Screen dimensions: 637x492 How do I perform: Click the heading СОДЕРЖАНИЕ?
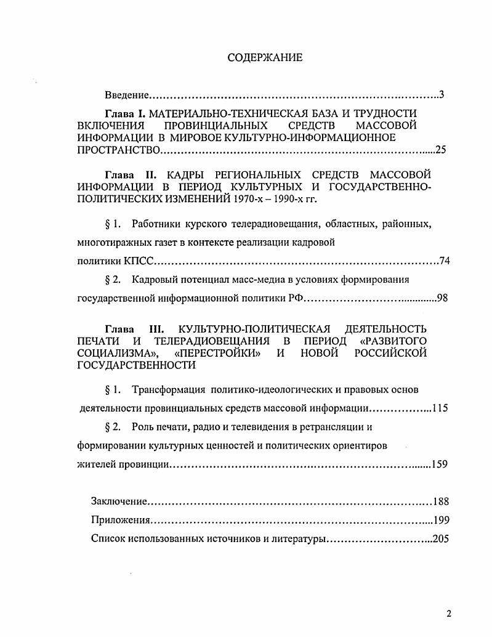pyautogui.click(x=265, y=58)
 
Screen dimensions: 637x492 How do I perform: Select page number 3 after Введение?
pyautogui.click(x=442, y=95)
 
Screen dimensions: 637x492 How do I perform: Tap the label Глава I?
pyautogui.click(x=126, y=113)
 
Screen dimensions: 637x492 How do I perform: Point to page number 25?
pyautogui.click(x=440, y=150)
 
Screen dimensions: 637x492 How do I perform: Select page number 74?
pyautogui.click(x=445, y=261)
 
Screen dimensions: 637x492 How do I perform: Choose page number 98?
pyautogui.click(x=442, y=299)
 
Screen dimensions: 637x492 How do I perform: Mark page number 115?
pyautogui.click(x=440, y=408)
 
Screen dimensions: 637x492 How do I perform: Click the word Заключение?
pyautogui.click(x=118, y=501)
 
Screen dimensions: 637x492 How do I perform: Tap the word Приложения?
pyautogui.click(x=119, y=520)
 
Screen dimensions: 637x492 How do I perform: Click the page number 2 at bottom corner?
pyautogui.click(x=449, y=614)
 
